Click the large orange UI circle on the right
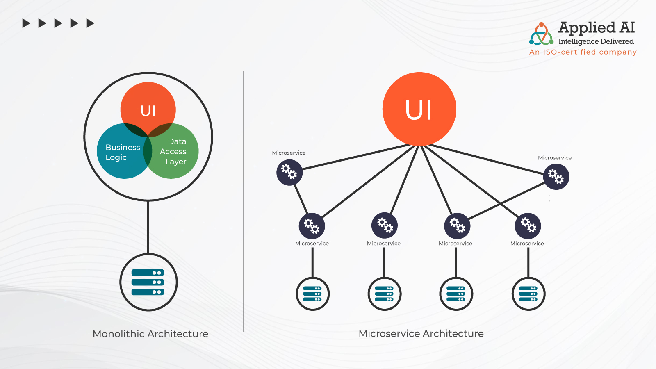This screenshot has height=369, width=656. pos(419,109)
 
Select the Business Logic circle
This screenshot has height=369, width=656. pos(119,154)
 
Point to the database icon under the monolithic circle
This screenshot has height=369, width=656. pos(148,282)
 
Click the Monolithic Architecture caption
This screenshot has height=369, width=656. pos(150,334)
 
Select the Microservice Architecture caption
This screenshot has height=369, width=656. pos(421,333)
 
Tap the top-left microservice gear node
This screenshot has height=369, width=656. pos(289,172)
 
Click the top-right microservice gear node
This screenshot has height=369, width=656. pos(556,177)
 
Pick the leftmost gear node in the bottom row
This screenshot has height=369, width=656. pos(312,226)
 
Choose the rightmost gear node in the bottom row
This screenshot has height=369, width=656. pos(528,226)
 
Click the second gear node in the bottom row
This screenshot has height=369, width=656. pos(384,225)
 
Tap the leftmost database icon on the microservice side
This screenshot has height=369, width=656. pos(312,294)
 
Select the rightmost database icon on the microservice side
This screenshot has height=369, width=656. pos(528,294)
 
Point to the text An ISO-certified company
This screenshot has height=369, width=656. pos(583,52)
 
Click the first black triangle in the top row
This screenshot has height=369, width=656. pos(26,23)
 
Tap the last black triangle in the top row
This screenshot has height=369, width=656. pos(90,23)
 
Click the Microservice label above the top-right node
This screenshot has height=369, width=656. pos(554,158)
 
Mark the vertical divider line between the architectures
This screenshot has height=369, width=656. pos(244,201)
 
